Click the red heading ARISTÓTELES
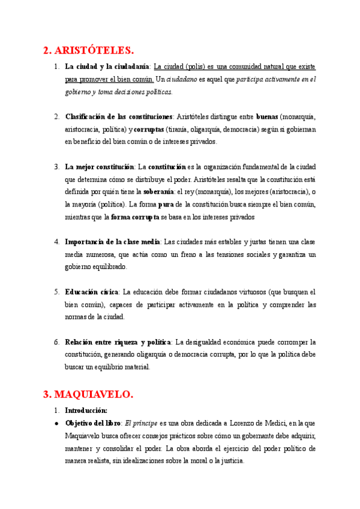[x=89, y=50]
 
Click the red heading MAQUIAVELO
[x=89, y=394]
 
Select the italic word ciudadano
[x=182, y=79]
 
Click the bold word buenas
[x=267, y=116]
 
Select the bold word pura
[x=166, y=204]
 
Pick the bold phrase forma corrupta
[x=135, y=217]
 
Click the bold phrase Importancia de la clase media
[x=112, y=242]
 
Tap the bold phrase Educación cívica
[x=92, y=292]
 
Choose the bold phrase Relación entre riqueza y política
[x=118, y=342]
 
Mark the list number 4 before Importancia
[x=56, y=242]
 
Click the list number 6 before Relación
[x=56, y=342]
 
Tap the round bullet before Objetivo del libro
[x=56, y=423]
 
